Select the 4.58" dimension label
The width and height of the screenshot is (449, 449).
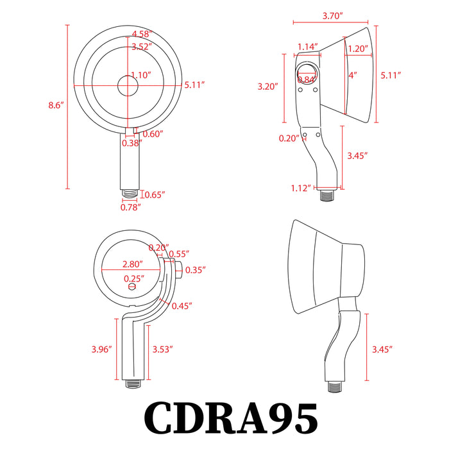tap(141, 33)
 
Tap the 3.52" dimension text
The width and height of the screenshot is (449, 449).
tap(141, 46)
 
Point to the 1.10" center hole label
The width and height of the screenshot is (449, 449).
tap(140, 75)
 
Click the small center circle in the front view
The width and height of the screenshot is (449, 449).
tap(127, 85)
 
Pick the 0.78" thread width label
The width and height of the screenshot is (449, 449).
tap(131, 207)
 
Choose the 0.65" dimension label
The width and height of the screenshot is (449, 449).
tap(154, 194)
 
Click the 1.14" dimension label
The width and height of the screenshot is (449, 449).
tap(309, 46)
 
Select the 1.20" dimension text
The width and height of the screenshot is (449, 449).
tap(358, 48)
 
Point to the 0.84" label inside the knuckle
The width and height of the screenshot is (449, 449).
tap(307, 79)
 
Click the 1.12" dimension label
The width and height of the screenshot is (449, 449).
tap(300, 187)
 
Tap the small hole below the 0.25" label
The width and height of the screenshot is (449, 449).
tap(133, 287)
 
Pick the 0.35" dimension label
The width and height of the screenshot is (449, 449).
tap(194, 271)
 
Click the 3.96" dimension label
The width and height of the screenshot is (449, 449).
tap(102, 349)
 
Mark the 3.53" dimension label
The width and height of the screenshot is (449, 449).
tap(163, 349)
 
